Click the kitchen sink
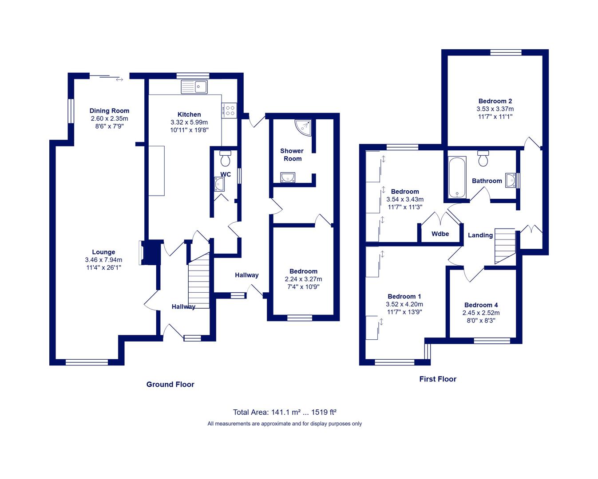[194, 86]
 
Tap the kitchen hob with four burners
[229, 110]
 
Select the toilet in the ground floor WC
[225, 158]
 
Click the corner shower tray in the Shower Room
[303, 128]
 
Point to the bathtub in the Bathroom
[457, 177]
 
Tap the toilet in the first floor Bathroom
[483, 158]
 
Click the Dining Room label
[109, 111]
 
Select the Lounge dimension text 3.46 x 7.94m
[103, 259]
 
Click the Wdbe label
[440, 234]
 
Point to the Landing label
[480, 235]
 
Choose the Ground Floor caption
[170, 385]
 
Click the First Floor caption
[438, 379]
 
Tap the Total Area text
[285, 412]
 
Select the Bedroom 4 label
[481, 305]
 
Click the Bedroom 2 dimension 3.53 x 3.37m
[495, 109]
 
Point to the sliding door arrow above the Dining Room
[119, 80]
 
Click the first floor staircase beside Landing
[505, 246]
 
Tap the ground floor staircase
[199, 280]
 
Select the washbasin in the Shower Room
[288, 177]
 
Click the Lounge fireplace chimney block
[152, 252]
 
